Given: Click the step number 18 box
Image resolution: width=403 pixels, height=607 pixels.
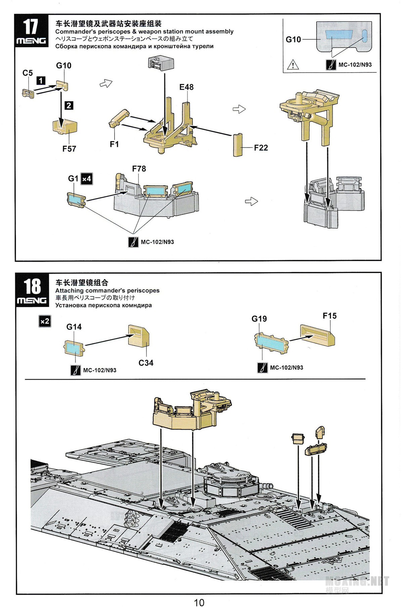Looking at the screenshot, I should (32, 290).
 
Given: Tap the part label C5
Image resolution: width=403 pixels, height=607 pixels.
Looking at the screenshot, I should (28, 73).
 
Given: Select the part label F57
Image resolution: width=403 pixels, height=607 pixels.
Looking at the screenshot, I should (69, 148).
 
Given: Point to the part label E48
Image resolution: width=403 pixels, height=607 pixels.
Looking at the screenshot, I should (186, 87).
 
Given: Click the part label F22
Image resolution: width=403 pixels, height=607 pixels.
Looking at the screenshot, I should (261, 148).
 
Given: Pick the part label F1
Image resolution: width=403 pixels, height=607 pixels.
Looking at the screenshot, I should (114, 144).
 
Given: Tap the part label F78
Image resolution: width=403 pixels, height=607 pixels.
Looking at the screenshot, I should (139, 169).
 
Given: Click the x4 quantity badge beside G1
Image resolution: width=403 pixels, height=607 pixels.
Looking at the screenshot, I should (87, 179).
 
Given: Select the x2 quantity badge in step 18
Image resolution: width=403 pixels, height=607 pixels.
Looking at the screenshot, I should (45, 321).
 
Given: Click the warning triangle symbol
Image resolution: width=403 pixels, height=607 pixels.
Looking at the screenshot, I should (293, 64).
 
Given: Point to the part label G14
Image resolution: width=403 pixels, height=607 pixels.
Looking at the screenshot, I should (74, 327).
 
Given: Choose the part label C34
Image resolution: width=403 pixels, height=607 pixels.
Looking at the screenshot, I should (146, 363).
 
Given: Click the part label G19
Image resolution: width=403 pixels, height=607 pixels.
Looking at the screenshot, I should (259, 318).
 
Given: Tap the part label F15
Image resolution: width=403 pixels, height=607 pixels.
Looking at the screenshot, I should (329, 316).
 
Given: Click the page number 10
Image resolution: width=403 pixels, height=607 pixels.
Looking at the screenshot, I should (199, 602).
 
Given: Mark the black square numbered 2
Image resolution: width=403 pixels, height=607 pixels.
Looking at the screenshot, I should (69, 105).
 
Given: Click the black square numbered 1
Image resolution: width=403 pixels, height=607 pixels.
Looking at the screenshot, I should (41, 81).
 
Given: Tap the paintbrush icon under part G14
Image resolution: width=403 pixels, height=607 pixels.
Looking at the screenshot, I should (76, 370).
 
